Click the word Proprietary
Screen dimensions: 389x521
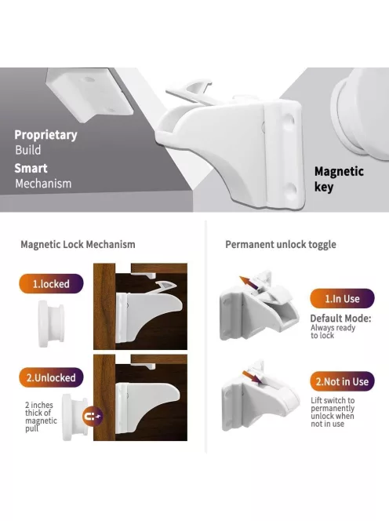pyautogui.click(x=45, y=135)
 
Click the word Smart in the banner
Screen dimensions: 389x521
pyautogui.click(x=31, y=168)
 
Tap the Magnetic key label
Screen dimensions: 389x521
pyautogui.click(x=339, y=179)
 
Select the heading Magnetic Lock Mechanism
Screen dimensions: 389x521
pyautogui.click(x=78, y=245)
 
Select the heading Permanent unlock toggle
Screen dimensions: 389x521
pyautogui.click(x=281, y=245)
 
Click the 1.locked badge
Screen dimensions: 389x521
pyautogui.click(x=51, y=284)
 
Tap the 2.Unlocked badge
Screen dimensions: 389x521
pyautogui.click(x=51, y=377)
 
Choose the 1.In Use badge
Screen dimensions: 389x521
pyautogui.click(x=342, y=298)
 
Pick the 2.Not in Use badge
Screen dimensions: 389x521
pyautogui.click(x=342, y=381)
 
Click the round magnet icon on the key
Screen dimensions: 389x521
pyautogui.click(x=93, y=416)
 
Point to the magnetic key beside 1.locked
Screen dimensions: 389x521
pyautogui.click(x=51, y=323)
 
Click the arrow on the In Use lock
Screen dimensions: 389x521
pyautogui.click(x=249, y=282)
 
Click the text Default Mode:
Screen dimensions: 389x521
pyautogui.click(x=340, y=319)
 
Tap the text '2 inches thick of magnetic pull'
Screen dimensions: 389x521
pyautogui.click(x=41, y=417)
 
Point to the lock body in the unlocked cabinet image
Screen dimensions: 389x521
pyautogui.click(x=147, y=407)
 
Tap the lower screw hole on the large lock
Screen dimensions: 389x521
pyautogui.click(x=291, y=190)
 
